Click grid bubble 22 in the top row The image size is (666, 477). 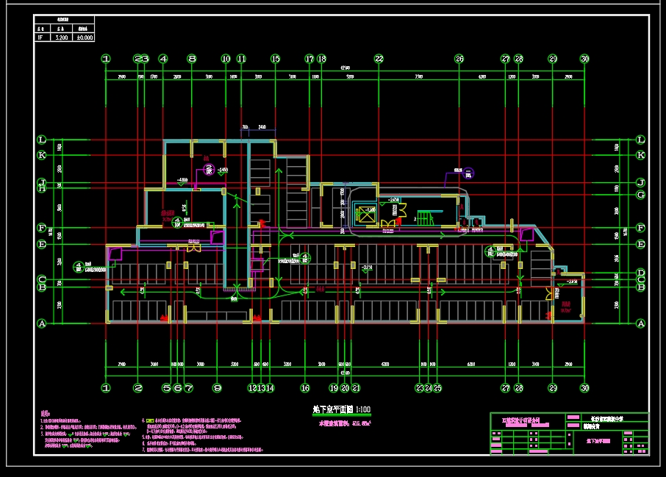click(379, 59)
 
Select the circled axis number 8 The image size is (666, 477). click(191, 59)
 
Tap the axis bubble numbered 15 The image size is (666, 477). click(276, 59)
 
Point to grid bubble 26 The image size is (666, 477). click(459, 59)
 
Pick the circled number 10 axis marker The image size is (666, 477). click(226, 59)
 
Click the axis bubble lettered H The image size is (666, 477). click(42, 189)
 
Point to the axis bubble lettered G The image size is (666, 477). click(640, 195)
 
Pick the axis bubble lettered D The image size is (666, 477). click(640, 272)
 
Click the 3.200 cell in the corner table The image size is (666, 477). click(62, 37)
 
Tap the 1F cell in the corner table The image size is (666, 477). click(41, 37)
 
